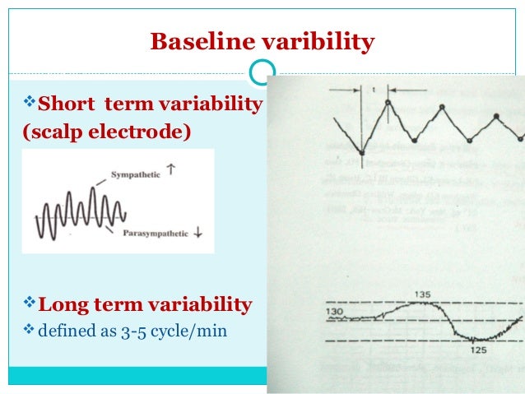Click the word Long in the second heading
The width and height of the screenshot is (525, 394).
pos(65,305)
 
